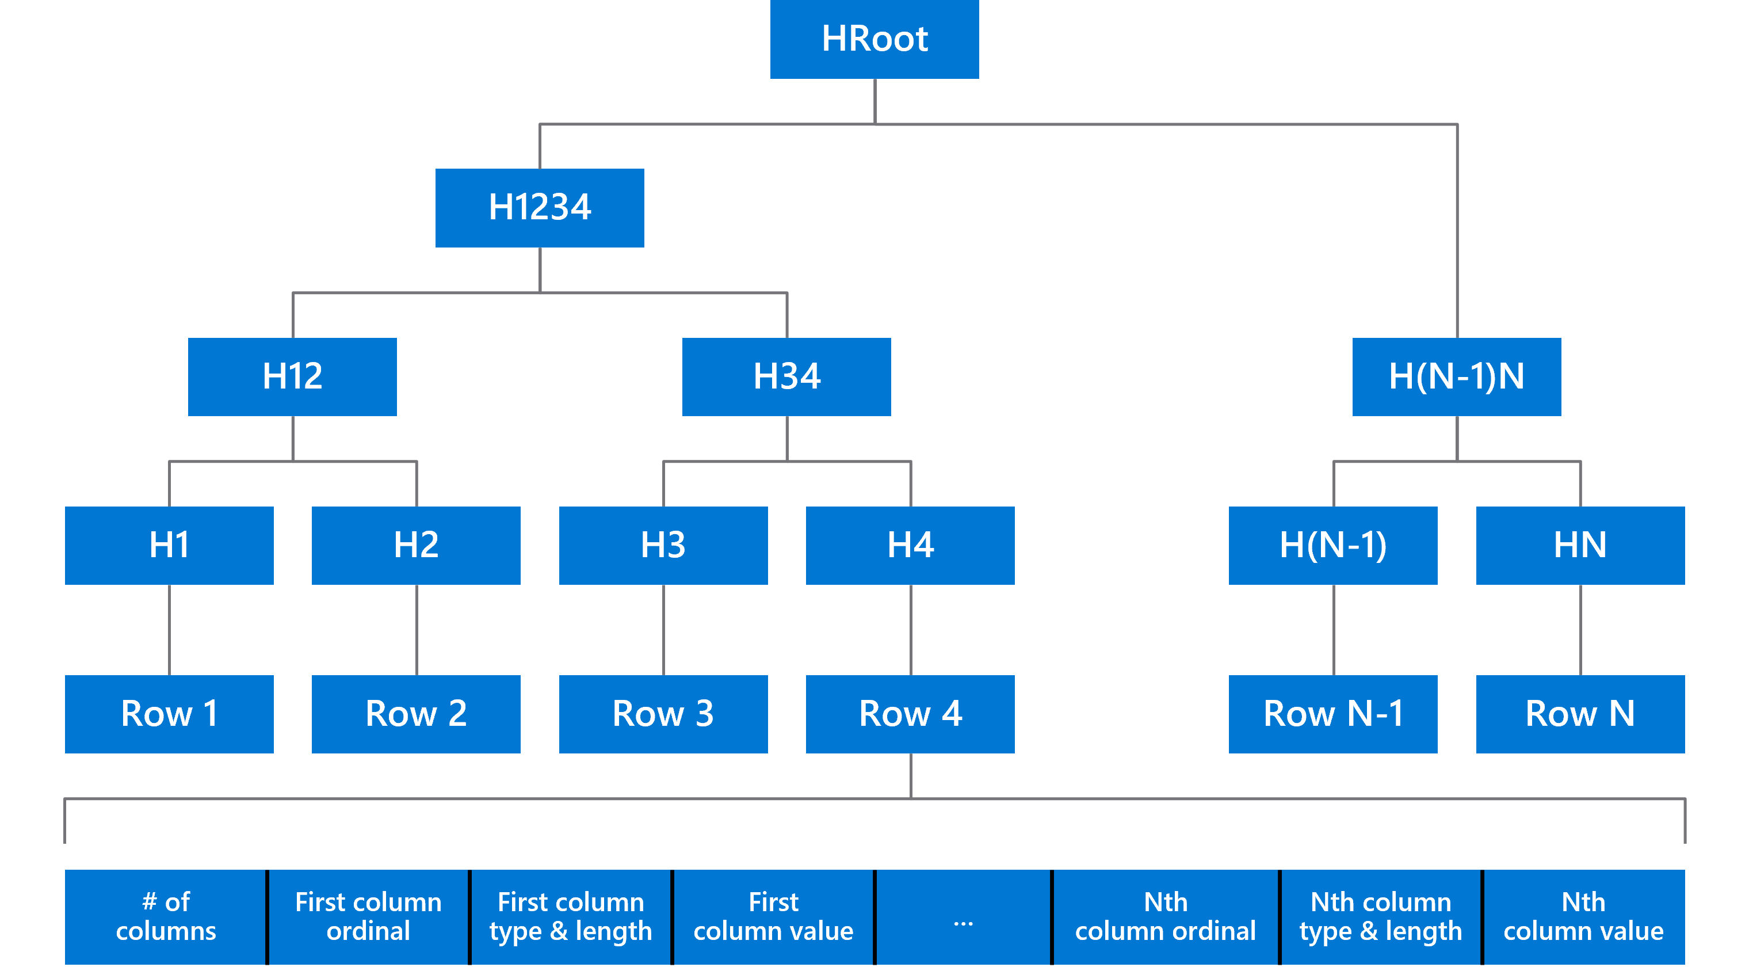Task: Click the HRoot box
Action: tap(875, 39)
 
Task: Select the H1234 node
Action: tap(540, 208)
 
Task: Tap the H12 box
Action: tap(293, 377)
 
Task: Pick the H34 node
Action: tap(786, 377)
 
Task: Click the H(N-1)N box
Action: tap(1456, 377)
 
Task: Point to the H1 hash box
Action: tap(169, 545)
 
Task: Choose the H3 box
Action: tap(663, 545)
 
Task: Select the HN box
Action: tap(1580, 545)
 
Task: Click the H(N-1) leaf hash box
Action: tap(1333, 545)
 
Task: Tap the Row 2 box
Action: tap(416, 714)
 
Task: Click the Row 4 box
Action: tap(910, 714)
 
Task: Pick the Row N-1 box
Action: tap(1333, 714)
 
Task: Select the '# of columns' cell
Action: tap(165, 917)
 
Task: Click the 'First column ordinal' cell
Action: tap(368, 917)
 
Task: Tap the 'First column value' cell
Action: tap(773, 917)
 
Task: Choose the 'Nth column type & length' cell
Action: tap(1380, 917)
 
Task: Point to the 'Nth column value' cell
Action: tap(1583, 917)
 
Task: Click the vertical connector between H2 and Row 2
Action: tap(416, 630)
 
